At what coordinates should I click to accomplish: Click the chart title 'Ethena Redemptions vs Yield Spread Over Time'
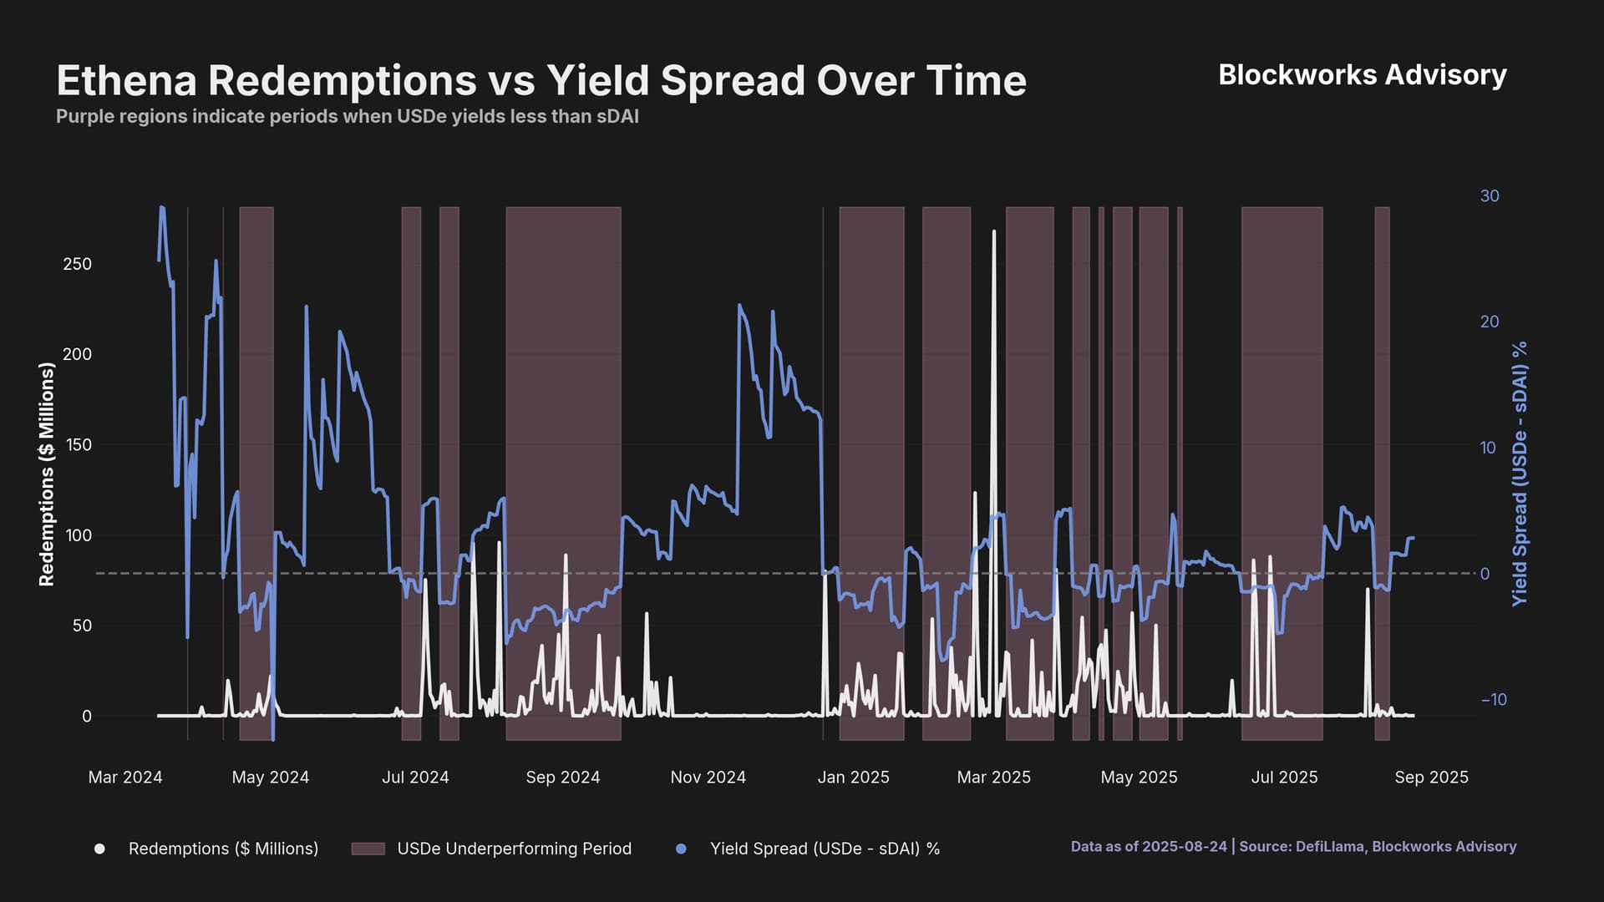point(541,81)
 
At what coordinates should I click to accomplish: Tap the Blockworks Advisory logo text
point(1362,75)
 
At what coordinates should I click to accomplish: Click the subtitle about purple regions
point(347,117)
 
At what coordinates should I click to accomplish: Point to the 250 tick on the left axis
point(78,264)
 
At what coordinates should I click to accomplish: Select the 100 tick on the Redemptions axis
point(78,535)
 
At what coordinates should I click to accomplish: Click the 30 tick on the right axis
point(1490,196)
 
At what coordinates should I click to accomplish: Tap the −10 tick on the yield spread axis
point(1494,700)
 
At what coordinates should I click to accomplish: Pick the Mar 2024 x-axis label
point(125,778)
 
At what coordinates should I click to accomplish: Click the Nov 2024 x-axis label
point(708,778)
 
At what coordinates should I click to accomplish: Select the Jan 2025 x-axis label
point(853,778)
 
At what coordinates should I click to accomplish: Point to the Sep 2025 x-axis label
point(1431,778)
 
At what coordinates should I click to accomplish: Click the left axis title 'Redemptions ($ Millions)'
point(47,474)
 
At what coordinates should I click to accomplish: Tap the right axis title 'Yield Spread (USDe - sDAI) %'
point(1520,474)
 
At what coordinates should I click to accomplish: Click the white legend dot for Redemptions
point(99,849)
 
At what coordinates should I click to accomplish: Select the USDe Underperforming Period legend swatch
point(368,849)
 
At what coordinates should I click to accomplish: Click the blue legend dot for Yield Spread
point(681,849)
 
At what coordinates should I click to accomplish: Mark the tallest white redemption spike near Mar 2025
point(994,232)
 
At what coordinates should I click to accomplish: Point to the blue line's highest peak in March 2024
point(162,208)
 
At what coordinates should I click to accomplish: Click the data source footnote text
point(1293,847)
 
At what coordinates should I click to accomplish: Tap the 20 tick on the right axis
point(1490,322)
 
